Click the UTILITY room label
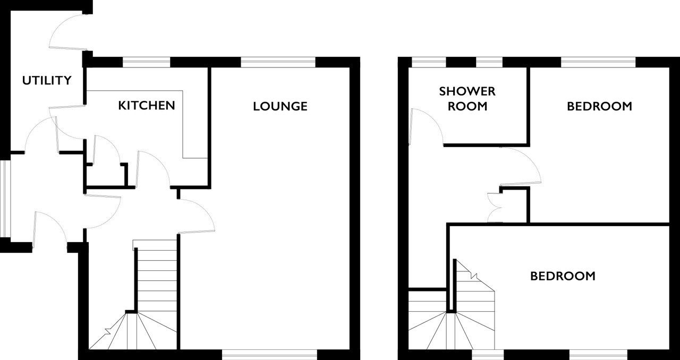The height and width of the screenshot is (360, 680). pos(47,80)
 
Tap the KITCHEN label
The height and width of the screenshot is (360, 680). pos(147,106)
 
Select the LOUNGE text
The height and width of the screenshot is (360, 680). pos(280,106)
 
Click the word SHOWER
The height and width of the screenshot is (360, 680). pos(467,91)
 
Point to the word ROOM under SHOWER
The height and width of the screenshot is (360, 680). pos(467,106)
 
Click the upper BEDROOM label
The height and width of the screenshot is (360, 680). pos(600,106)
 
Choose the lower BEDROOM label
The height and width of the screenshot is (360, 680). pos(563,276)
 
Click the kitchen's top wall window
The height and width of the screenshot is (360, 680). pos(146,62)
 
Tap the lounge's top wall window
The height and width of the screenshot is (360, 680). pos(278,62)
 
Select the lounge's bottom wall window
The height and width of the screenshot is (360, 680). pos(269,355)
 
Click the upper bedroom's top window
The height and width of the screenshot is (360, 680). pos(598,62)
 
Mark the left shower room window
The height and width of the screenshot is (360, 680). pos(429,62)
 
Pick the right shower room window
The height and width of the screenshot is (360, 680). pos(489,62)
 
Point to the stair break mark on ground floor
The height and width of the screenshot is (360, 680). pos(108,331)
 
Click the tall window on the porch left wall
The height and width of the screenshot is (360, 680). pos(5,199)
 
